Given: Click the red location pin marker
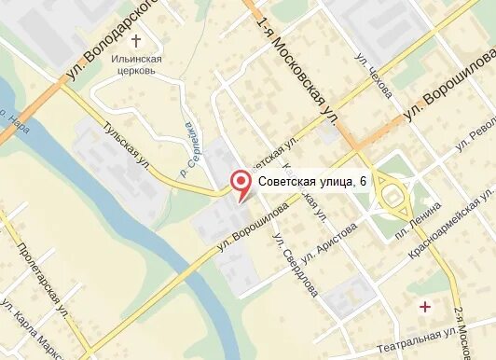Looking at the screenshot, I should (241, 184).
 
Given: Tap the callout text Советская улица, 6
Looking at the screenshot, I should (311, 182).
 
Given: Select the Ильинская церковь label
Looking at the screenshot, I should (137, 64).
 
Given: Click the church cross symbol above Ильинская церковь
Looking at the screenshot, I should (137, 41).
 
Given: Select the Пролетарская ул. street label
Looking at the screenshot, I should (42, 275).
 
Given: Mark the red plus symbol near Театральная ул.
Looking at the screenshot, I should (426, 306).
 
